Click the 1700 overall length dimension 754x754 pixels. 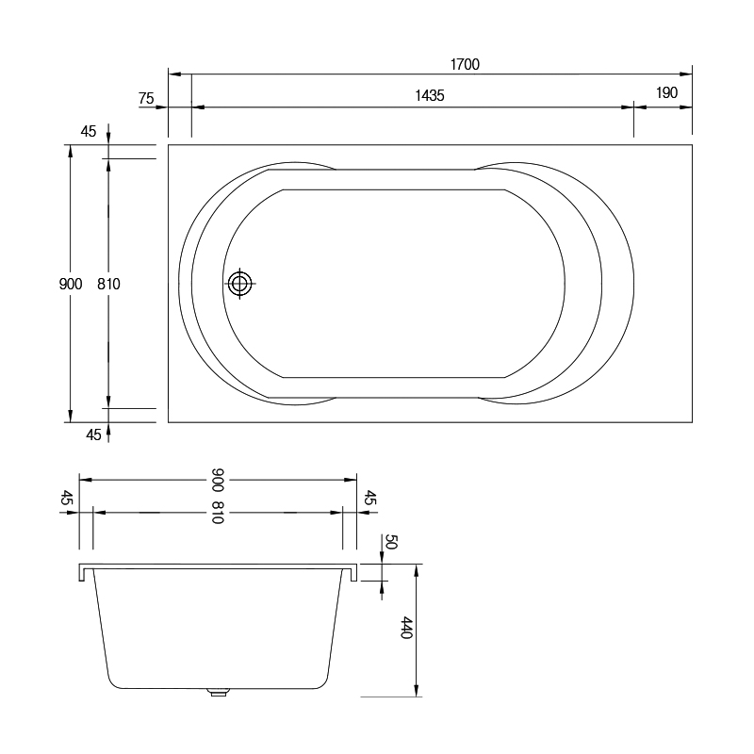(x=465, y=64)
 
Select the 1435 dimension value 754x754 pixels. (x=430, y=96)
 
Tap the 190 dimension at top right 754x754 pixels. (x=666, y=92)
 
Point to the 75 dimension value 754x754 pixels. (x=146, y=99)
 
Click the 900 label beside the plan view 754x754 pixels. (x=71, y=285)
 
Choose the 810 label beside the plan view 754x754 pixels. (x=108, y=285)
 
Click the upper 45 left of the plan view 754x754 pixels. (x=89, y=131)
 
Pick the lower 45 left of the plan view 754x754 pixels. (x=93, y=434)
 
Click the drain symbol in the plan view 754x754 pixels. (x=239, y=284)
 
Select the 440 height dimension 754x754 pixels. (x=407, y=628)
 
